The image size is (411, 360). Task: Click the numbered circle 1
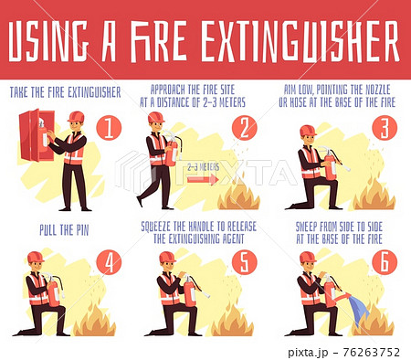coord(109,128)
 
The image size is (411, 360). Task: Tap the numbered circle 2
coord(245,128)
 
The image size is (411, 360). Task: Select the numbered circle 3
coord(385,128)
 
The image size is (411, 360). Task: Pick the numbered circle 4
coord(109,262)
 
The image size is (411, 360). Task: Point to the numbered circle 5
coord(245,262)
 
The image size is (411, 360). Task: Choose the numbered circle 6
coord(385,262)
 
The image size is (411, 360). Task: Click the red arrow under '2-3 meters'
coord(203,179)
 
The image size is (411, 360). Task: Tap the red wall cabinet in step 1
coord(37,135)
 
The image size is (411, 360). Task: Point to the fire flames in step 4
coord(95,323)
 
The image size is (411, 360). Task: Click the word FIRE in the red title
coord(159,41)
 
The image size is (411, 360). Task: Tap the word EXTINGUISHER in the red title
coord(300,41)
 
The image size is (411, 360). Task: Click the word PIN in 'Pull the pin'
coord(82,230)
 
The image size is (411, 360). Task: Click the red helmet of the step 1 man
coord(76,117)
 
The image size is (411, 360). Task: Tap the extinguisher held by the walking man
coord(172,149)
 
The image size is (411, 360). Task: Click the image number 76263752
coord(371,353)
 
